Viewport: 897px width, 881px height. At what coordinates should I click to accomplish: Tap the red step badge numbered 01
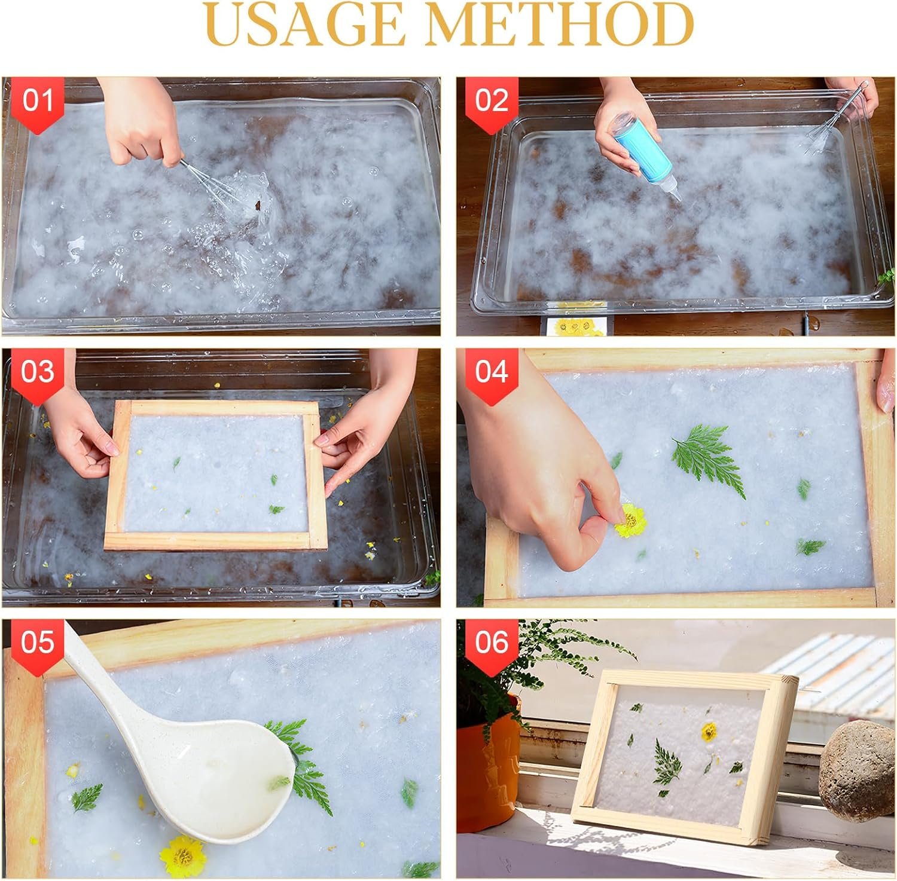coord(38,104)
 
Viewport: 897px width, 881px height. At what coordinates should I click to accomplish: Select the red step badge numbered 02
coord(492,104)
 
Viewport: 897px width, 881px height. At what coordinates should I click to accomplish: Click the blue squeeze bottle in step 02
coord(638,152)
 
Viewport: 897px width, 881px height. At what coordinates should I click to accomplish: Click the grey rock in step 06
coord(856,771)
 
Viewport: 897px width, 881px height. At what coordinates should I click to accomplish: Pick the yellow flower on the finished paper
coord(709,731)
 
